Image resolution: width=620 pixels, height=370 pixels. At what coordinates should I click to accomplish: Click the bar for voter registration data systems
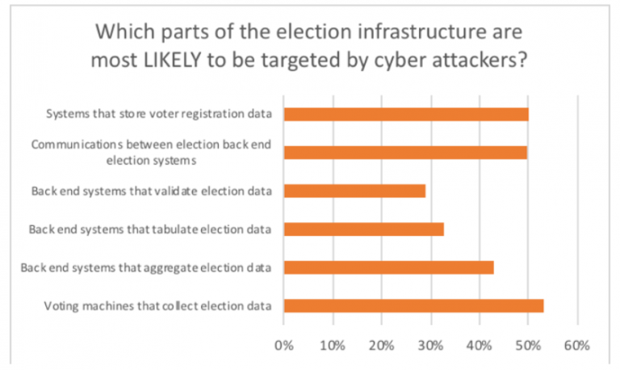[x=406, y=114]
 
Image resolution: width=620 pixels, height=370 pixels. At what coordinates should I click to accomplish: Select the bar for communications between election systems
[x=405, y=152]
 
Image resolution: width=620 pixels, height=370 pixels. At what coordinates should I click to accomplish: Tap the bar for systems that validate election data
[x=354, y=191]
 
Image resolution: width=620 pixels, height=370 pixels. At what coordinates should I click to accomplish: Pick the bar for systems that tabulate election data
[x=364, y=229]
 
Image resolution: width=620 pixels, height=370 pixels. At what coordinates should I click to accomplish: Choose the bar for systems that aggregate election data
[x=388, y=267]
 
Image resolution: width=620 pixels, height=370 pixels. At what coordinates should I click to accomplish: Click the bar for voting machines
[x=413, y=305]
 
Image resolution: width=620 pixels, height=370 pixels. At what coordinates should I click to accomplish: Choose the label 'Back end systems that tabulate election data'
[x=150, y=229]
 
